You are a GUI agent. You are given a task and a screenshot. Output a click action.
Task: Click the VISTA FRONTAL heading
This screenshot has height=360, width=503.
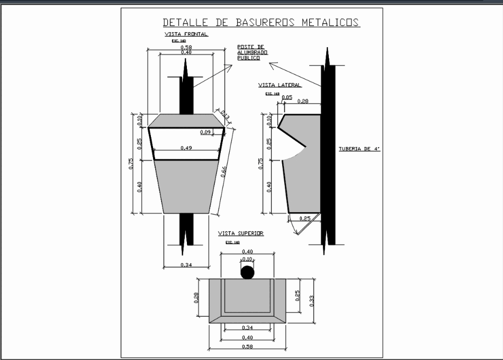[186, 34]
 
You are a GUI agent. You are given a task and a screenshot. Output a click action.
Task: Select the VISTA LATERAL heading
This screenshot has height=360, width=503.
[280, 85]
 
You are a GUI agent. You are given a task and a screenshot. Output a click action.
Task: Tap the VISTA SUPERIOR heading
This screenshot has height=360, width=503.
[241, 233]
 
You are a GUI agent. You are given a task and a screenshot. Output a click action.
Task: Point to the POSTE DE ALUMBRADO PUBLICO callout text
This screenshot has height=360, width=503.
[253, 52]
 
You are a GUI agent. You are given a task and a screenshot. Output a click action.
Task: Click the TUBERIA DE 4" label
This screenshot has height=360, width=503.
[360, 149]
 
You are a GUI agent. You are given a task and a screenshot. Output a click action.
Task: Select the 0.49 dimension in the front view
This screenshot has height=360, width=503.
[186, 148]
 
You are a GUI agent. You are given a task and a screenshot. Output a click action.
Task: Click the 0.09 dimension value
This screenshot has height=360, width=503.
[205, 132]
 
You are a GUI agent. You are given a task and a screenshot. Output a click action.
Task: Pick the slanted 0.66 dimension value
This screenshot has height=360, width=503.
[224, 172]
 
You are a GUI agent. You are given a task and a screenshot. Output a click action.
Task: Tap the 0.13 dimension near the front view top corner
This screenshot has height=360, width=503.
[224, 115]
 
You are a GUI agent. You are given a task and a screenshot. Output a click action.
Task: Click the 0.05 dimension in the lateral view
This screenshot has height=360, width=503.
[286, 97]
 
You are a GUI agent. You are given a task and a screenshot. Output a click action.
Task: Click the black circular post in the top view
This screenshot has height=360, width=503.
[247, 273]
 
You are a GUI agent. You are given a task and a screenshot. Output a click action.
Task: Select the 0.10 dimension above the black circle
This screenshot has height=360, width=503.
[247, 259]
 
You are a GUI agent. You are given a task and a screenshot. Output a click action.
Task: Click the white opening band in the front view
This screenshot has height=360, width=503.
[185, 143]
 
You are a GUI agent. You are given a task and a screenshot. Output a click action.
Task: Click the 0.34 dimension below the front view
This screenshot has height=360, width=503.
[186, 265]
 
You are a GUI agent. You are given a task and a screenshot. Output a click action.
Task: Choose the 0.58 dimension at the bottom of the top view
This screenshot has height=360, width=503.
[247, 347]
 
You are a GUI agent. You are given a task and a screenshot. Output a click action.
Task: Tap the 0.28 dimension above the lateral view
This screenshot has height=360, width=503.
[303, 101]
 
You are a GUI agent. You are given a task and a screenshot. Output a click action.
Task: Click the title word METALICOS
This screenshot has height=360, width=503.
[330, 23]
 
